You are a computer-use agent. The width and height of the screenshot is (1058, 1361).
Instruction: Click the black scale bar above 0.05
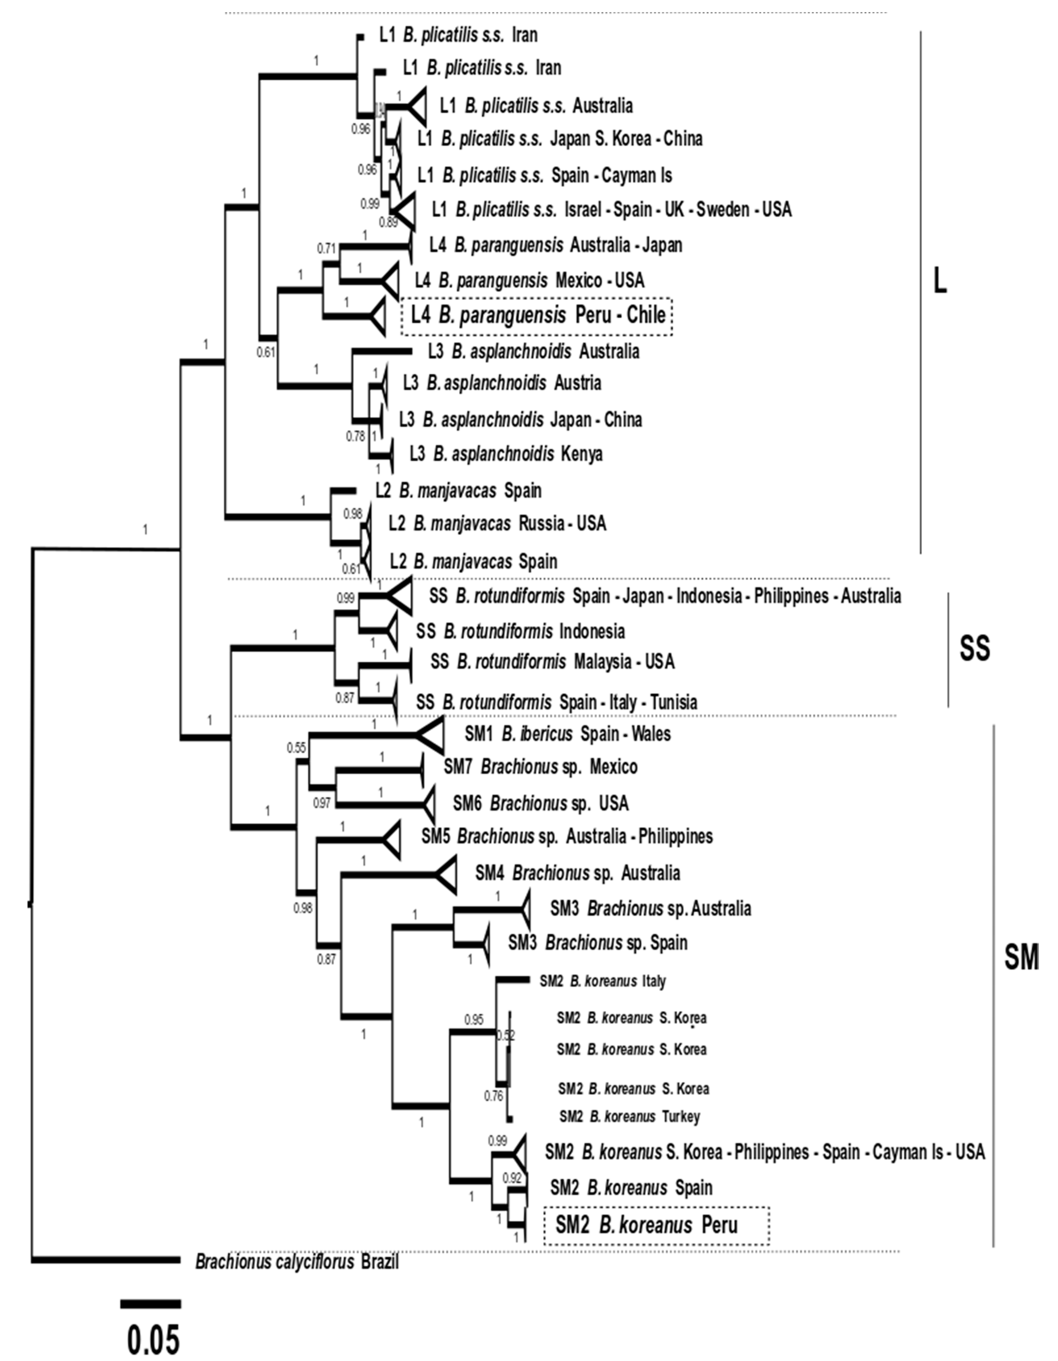151,1304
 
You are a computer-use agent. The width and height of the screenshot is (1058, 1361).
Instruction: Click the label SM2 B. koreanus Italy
602,981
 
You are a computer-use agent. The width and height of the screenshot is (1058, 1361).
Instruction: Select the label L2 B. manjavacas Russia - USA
497,523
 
